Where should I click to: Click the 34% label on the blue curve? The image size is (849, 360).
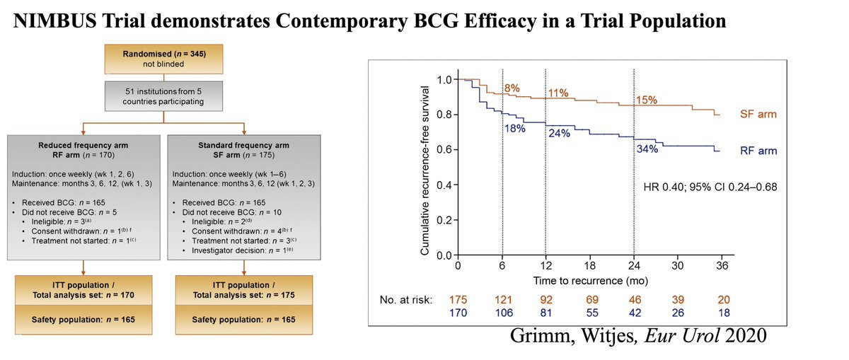646,151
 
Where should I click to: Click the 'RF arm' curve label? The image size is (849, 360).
758,151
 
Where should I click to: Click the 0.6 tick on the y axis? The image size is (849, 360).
444,150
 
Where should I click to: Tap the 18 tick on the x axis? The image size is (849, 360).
589,266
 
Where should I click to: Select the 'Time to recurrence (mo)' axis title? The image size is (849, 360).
589,281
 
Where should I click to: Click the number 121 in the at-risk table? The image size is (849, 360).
502,300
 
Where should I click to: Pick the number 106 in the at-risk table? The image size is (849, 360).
502,313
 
